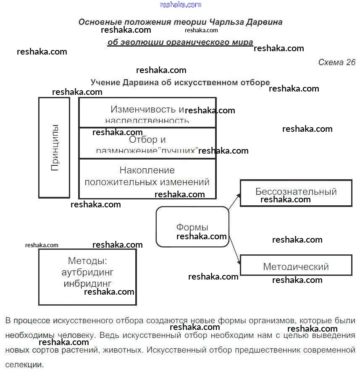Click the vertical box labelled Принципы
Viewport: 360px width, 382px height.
54,147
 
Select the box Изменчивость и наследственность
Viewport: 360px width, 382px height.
147,113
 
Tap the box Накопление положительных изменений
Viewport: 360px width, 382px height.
147,178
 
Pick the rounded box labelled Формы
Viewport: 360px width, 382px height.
192,227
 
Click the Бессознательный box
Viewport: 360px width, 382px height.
296,193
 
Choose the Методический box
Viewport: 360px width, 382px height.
296,266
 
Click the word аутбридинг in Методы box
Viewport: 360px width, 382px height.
87,272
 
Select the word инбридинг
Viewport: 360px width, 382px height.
87,283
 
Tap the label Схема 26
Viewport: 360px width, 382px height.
336,63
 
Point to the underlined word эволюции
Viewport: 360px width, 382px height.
142,42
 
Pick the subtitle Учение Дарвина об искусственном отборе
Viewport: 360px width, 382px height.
180,82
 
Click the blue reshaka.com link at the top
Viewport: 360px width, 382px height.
181,5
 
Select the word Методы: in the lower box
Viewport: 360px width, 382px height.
87,261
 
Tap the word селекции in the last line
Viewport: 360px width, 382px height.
24,365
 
